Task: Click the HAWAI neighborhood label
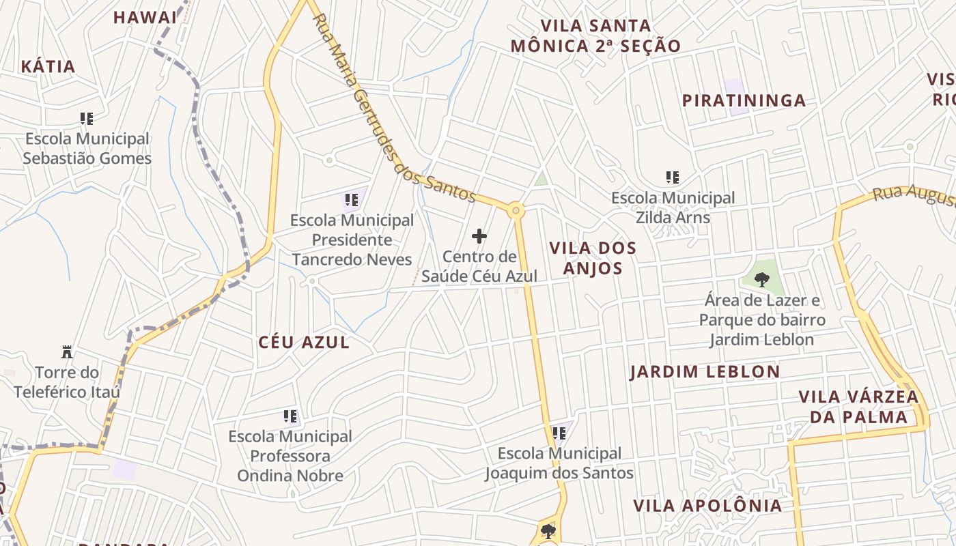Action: (145, 18)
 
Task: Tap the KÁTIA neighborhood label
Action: (48, 67)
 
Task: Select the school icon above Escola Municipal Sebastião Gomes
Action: (87, 119)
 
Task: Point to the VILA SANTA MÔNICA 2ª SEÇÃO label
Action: (595, 36)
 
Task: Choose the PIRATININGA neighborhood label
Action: (744, 101)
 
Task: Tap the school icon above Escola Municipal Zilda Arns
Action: (673, 177)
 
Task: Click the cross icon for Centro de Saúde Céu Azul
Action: (479, 237)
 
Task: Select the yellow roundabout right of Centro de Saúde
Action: (516, 210)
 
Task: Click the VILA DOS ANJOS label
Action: (593, 258)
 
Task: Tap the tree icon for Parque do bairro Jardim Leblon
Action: (762, 278)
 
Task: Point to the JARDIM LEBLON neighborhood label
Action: (704, 372)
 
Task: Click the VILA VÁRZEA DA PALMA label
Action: (858, 407)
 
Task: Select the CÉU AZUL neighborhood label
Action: (304, 343)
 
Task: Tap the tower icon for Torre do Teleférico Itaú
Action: (67, 353)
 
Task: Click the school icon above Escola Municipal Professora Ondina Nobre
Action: (290, 416)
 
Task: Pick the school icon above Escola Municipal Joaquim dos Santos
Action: (559, 433)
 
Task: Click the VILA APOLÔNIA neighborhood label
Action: (707, 506)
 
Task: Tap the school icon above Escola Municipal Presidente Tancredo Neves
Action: (352, 200)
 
